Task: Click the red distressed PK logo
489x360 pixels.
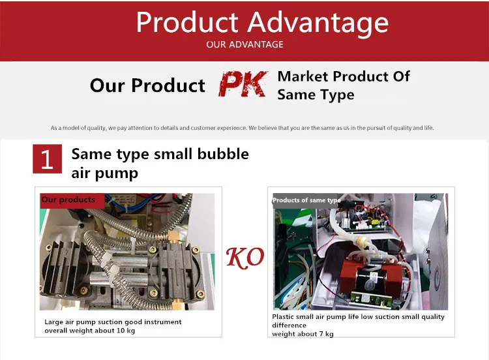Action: click(x=243, y=84)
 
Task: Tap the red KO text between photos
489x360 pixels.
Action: click(x=245, y=258)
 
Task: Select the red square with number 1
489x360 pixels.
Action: click(x=47, y=158)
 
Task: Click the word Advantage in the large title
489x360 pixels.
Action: click(x=318, y=22)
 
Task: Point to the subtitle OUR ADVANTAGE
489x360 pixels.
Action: click(x=244, y=44)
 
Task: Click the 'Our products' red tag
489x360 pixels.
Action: click(x=72, y=200)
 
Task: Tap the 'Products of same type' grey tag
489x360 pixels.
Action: click(x=306, y=200)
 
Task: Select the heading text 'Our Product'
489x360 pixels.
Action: click(x=147, y=85)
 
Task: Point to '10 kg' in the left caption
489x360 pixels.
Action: click(x=126, y=331)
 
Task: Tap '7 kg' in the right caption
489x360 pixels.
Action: click(x=327, y=334)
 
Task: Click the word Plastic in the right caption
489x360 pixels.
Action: click(x=282, y=317)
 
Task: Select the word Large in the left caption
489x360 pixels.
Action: click(x=54, y=322)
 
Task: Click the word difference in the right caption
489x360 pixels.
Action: click(x=289, y=325)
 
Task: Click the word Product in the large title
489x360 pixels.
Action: click(x=187, y=22)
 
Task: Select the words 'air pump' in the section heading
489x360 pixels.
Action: click(x=105, y=173)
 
